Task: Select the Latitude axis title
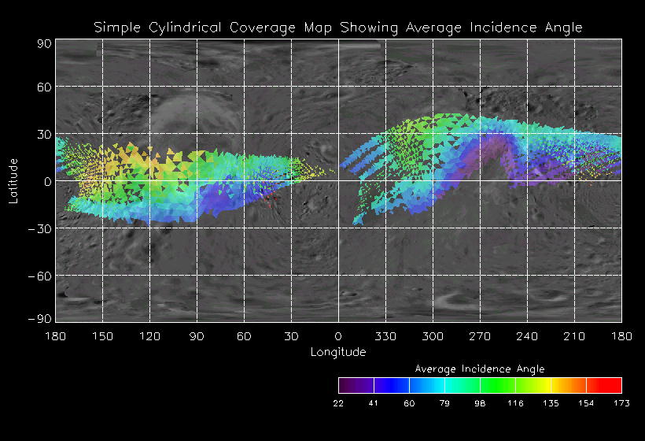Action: click(x=13, y=180)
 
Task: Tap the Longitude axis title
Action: click(x=338, y=352)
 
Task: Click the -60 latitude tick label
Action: click(x=39, y=276)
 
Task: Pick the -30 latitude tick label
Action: click(x=39, y=228)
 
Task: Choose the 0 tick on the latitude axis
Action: click(x=47, y=181)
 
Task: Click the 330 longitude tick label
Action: click(x=385, y=336)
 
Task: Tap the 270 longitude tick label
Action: click(x=480, y=336)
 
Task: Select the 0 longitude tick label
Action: click(x=338, y=336)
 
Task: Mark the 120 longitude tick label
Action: click(x=149, y=336)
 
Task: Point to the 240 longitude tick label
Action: click(x=527, y=336)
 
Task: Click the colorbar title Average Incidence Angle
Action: click(x=480, y=369)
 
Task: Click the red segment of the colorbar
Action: click(x=604, y=385)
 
